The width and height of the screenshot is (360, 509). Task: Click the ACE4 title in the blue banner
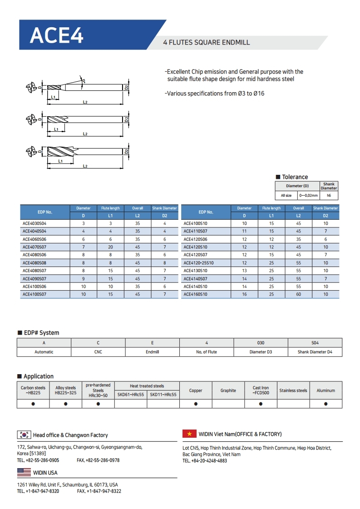pos(57,35)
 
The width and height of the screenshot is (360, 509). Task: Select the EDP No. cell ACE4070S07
pos(35,247)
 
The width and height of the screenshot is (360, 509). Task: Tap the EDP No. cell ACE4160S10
pos(195,294)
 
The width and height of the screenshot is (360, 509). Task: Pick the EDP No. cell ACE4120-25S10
pos(198,263)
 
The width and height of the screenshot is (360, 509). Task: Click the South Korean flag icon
pos(24,435)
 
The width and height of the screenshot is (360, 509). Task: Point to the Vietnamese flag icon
pos(189,434)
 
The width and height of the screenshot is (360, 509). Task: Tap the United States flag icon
pos(24,472)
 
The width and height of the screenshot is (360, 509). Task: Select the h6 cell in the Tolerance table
pos(329,196)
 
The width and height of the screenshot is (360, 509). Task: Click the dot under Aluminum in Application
pos(326,403)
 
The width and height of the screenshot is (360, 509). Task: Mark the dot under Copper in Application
pos(196,403)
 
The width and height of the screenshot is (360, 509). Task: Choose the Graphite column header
pos(228,390)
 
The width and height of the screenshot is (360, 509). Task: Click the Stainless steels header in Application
pos(293,390)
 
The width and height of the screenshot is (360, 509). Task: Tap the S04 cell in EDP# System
pos(315,343)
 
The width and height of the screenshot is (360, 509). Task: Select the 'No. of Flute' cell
pos(207,352)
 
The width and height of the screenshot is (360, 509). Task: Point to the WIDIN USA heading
pos(45,473)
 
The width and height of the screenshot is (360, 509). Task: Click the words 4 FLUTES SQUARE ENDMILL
pos(207,43)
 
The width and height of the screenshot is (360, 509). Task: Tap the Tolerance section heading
pos(295,177)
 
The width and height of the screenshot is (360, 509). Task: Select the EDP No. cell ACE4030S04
pos(35,223)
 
